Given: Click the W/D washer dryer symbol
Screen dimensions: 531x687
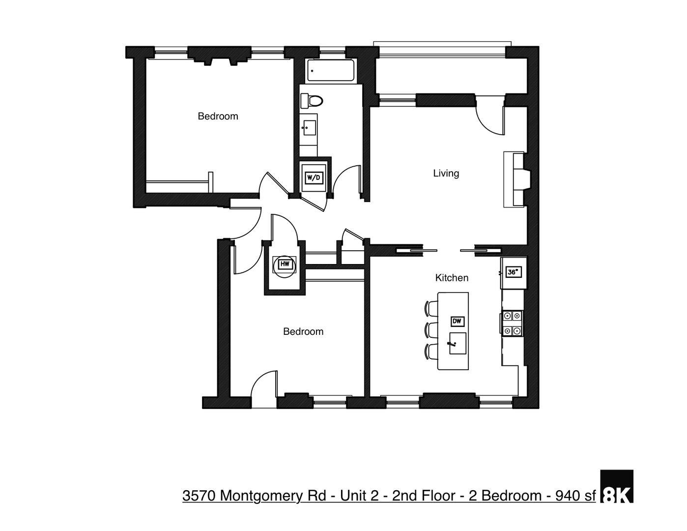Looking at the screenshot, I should pyautogui.click(x=314, y=177).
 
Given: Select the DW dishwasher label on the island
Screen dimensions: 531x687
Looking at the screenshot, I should pyautogui.click(x=457, y=321).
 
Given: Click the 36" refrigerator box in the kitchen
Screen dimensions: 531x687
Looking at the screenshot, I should pyautogui.click(x=513, y=272).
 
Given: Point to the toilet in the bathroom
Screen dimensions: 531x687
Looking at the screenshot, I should pyautogui.click(x=312, y=101).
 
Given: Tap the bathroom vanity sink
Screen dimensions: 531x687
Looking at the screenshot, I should pyautogui.click(x=309, y=127).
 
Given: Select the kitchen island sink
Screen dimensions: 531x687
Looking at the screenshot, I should pyautogui.click(x=458, y=343).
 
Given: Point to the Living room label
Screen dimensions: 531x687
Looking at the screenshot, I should pyautogui.click(x=446, y=173).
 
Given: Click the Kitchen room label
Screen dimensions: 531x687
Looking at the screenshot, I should pyautogui.click(x=452, y=278).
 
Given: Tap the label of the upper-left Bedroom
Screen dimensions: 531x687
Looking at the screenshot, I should pyautogui.click(x=218, y=116).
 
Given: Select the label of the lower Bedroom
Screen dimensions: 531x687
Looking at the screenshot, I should pyautogui.click(x=303, y=331).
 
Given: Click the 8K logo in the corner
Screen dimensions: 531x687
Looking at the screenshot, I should pyautogui.click(x=617, y=487).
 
